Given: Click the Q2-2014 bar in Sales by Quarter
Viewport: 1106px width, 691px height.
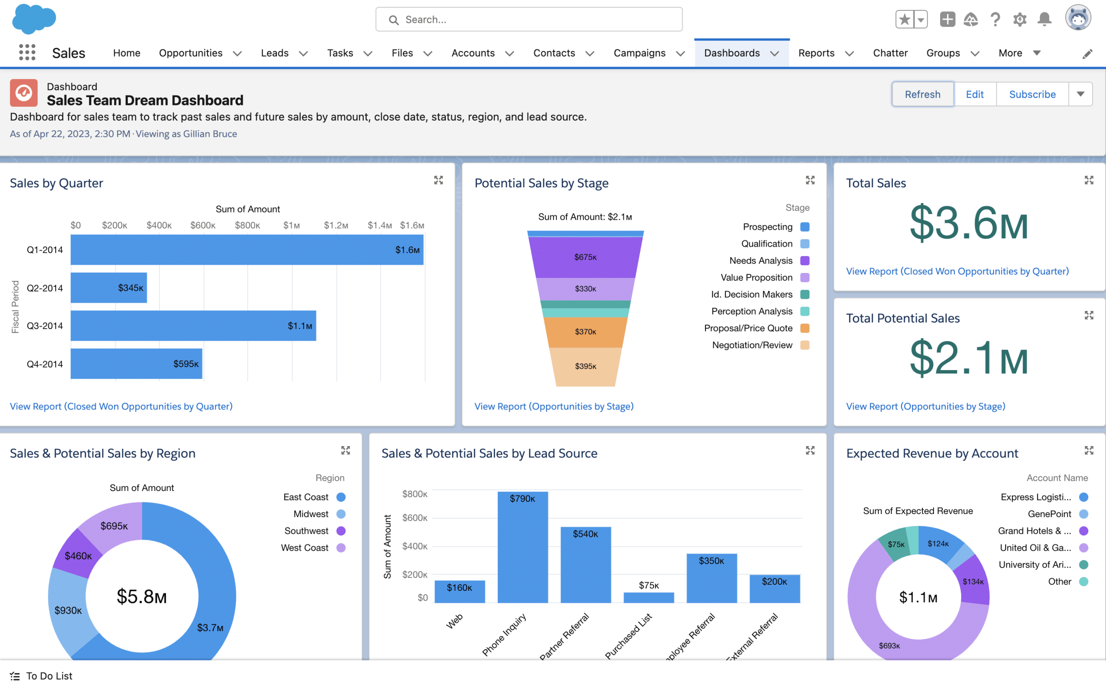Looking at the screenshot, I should (x=109, y=288).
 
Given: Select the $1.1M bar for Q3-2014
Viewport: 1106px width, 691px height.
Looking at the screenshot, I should (x=193, y=325).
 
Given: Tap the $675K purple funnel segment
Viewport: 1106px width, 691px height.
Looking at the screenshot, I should (x=585, y=257).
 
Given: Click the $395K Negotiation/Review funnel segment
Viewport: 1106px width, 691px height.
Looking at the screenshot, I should (x=585, y=366).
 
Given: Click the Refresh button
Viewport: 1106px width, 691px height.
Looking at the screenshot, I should (x=922, y=94).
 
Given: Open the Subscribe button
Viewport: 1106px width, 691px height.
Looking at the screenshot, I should (x=1032, y=94).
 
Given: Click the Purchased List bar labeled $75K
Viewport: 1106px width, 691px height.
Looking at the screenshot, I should (x=648, y=597).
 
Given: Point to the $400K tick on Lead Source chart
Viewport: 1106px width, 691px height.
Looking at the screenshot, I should (x=414, y=546).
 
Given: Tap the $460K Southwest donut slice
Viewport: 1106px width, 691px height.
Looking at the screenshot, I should (x=78, y=556).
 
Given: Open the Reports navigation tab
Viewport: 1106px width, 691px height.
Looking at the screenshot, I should (x=816, y=53).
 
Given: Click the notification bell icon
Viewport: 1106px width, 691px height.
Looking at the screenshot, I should (x=1044, y=19).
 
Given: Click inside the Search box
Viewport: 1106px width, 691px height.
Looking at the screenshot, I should (x=529, y=19).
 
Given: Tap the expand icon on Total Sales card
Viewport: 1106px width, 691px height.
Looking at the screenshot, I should (x=1089, y=180).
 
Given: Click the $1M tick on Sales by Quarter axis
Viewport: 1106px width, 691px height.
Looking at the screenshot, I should (x=292, y=225).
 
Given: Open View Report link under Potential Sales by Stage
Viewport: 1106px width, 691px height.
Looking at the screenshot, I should (x=553, y=406).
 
